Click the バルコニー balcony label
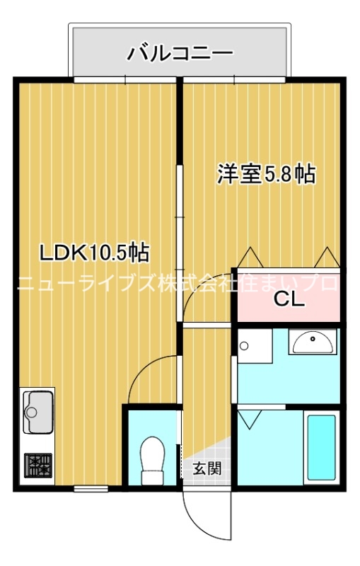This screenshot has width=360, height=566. [x=180, y=53]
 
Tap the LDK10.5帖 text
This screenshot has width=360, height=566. [x=93, y=251]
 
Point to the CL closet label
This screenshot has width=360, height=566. [x=289, y=299]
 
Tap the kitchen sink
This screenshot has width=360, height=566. [x=38, y=411]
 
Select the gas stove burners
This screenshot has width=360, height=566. [x=38, y=466]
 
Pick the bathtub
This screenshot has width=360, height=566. [x=321, y=448]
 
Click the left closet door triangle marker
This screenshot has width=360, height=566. [x=249, y=257]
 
